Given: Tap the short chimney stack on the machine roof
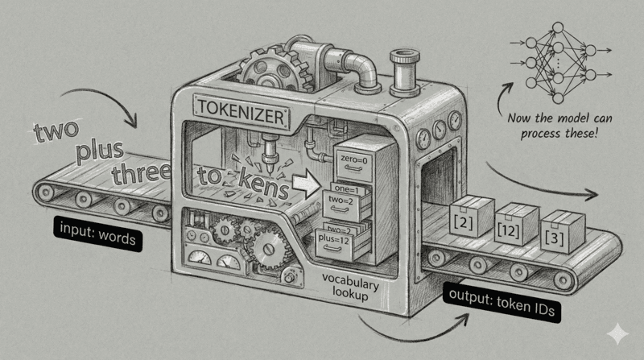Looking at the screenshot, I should click(x=398, y=68).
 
